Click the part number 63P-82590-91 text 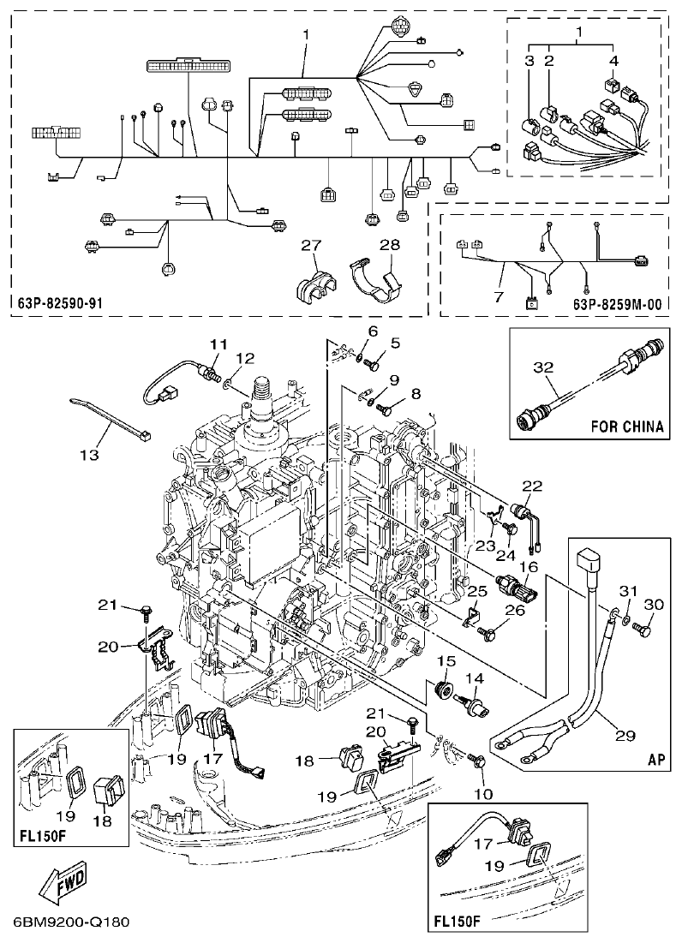(x=59, y=303)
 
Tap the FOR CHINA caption (x=628, y=425)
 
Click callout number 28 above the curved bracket (x=389, y=246)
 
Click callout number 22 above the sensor (x=533, y=486)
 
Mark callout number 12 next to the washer (x=245, y=357)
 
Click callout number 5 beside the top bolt (x=396, y=343)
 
